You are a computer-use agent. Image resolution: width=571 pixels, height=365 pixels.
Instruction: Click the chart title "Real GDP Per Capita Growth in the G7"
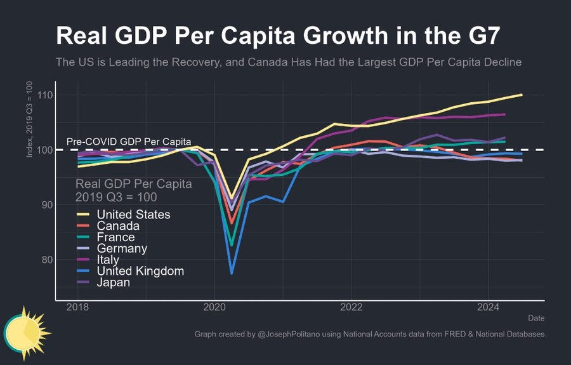tap(277, 36)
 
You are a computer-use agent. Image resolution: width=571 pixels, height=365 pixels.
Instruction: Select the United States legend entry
tap(133, 215)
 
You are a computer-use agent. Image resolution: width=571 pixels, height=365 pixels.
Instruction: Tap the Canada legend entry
tap(118, 226)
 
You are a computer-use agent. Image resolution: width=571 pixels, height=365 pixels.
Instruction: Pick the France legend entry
tap(115, 237)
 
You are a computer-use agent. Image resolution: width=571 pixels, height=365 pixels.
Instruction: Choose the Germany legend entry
tap(122, 248)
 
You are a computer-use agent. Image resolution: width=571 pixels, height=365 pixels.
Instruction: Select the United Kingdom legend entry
tap(140, 271)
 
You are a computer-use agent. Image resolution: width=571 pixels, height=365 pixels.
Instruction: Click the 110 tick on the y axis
tap(44, 95)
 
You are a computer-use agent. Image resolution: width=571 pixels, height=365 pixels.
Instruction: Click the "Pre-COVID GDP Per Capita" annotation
tap(129, 142)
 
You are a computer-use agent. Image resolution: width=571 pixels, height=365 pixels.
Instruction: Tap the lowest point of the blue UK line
tap(232, 273)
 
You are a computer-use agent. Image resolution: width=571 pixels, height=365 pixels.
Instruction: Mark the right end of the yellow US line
tap(522, 95)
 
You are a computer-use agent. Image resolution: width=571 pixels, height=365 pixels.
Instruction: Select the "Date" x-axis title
tap(535, 318)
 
